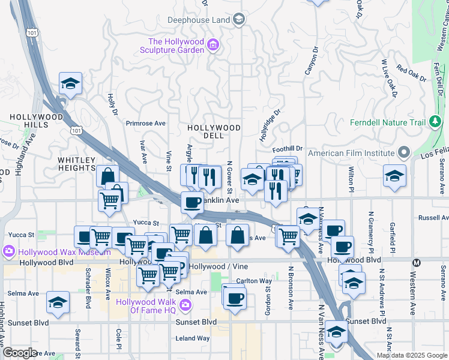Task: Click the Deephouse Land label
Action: pyautogui.click(x=199, y=20)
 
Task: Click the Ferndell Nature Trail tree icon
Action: pyautogui.click(x=435, y=123)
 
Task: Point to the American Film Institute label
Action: pyautogui.click(x=352, y=153)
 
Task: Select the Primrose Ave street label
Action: pyautogui.click(x=145, y=123)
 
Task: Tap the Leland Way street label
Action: pyautogui.click(x=192, y=338)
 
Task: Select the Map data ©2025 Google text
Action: pyautogui.click(x=412, y=355)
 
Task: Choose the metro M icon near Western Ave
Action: pyautogui.click(x=416, y=262)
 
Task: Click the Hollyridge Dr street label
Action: pyautogui.click(x=270, y=125)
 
